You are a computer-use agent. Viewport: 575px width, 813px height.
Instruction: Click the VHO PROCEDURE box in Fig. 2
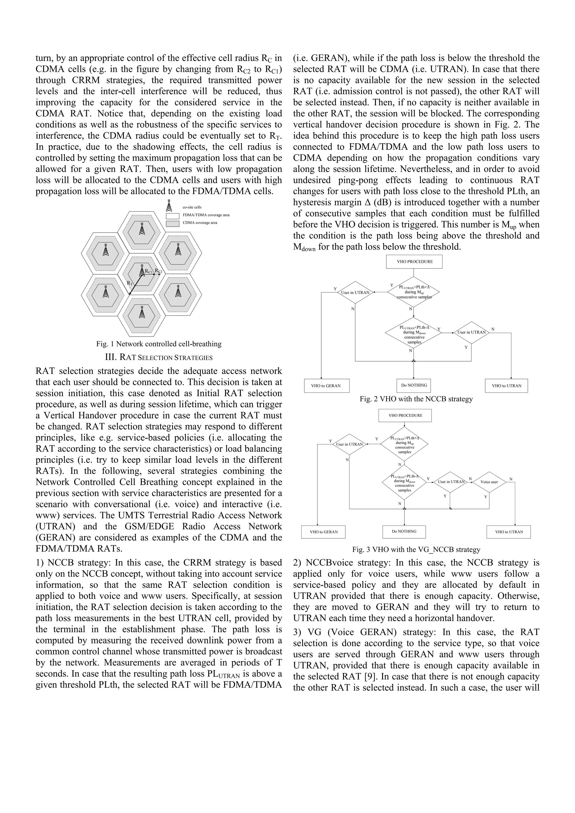coord(414,262)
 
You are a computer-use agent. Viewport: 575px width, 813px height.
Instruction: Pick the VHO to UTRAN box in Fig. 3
coord(508,532)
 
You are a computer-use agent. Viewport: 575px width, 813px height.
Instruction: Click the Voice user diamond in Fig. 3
coord(489,482)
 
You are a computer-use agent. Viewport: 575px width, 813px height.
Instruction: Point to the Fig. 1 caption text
coord(159,344)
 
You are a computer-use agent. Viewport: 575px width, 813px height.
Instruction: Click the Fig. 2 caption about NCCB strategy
coord(416,399)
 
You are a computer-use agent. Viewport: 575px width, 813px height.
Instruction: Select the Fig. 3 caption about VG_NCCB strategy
coord(416,550)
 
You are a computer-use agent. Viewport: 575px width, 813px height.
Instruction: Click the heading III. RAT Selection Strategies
coord(159,357)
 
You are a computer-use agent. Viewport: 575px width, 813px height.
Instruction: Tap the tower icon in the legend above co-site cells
coord(169,206)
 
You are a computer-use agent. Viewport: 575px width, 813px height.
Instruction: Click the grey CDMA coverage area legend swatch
coord(173,223)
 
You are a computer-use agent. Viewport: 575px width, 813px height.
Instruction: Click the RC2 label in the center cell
coord(158,272)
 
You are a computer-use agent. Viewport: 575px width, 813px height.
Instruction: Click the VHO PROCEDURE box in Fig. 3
coord(405,415)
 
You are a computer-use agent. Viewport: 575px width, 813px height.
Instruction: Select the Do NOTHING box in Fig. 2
coord(414,385)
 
